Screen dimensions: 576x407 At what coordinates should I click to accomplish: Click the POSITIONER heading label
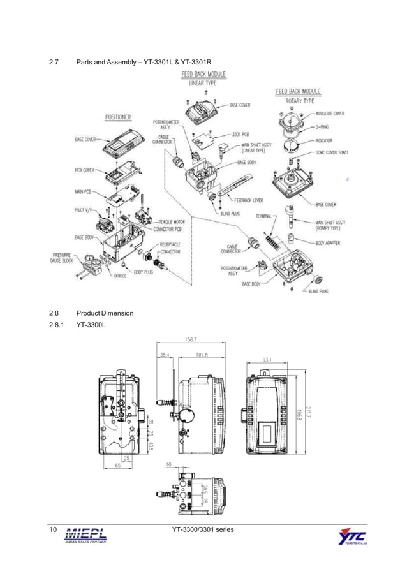[x=118, y=117]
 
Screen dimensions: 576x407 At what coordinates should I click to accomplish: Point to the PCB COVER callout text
[x=85, y=170]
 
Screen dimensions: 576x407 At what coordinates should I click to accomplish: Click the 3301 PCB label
[x=241, y=135]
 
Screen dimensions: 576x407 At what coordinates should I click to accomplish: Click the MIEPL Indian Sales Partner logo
[x=85, y=535]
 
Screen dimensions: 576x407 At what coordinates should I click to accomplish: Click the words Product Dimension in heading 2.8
[x=105, y=313]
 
